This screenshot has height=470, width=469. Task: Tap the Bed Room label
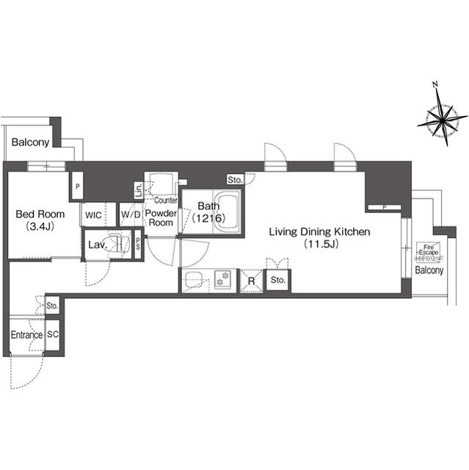(40, 214)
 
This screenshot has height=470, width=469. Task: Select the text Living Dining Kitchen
(319, 232)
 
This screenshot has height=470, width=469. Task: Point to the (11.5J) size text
(319, 245)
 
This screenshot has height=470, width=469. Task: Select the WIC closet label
(93, 215)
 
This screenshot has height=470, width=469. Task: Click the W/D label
(131, 215)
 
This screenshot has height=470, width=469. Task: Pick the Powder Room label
(160, 218)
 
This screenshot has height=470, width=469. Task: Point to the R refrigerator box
(251, 281)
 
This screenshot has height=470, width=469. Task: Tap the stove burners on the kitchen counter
(222, 280)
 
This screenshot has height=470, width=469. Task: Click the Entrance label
(26, 336)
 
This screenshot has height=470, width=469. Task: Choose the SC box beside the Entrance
(52, 335)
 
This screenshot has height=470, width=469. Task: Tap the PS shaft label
(137, 245)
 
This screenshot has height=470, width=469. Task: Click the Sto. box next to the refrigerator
(277, 281)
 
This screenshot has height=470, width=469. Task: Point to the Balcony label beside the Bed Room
(30, 142)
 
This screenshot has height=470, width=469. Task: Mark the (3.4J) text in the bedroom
(40, 226)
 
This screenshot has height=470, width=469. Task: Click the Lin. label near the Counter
(138, 190)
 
